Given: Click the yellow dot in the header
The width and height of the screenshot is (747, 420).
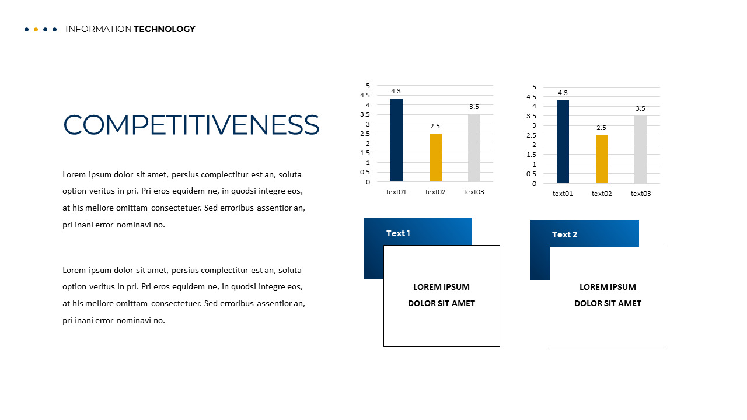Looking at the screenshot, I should [36, 29].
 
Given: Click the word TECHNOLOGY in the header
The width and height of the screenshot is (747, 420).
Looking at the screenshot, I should [164, 29].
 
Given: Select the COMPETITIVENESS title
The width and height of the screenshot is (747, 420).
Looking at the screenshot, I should [191, 125].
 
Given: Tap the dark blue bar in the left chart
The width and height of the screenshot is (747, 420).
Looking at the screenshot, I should [396, 141].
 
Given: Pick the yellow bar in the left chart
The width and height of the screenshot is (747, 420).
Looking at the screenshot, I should [435, 157].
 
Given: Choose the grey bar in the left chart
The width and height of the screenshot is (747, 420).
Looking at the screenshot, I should [474, 148].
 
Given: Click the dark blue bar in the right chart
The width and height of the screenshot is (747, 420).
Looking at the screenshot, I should [563, 142].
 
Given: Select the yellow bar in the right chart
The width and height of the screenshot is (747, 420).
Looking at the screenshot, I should [602, 159].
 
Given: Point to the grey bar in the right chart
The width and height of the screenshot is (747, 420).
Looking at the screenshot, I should [640, 150].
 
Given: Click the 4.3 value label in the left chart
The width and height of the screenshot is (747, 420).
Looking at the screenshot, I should [396, 91].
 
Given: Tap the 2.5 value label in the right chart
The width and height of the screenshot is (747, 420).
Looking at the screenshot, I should [601, 128].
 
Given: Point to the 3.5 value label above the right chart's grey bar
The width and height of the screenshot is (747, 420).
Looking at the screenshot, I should [640, 108].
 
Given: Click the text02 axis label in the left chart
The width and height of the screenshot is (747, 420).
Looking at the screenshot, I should [435, 192].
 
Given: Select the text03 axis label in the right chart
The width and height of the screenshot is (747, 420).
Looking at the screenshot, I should [641, 194].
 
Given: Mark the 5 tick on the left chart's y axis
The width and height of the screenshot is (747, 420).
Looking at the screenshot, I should [368, 86].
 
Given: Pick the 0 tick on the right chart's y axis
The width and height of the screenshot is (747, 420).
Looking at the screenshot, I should [534, 184].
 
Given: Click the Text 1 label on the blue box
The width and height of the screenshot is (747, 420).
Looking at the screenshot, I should [398, 233].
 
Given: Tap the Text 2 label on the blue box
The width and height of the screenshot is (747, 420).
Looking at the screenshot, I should [564, 235].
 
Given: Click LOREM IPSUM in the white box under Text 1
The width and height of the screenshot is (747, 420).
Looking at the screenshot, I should [441, 287].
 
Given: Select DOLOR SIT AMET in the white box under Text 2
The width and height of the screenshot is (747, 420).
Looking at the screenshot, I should [608, 303].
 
